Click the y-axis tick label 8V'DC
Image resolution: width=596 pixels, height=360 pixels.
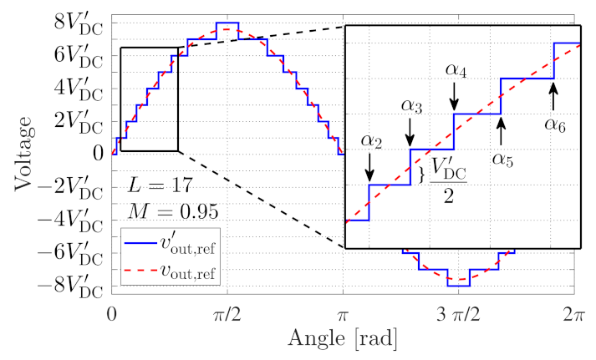pyautogui.click(x=79, y=18)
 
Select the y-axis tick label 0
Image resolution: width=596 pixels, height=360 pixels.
pyautogui.click(x=99, y=152)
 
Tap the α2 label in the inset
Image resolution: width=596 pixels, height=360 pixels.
pyautogui.click(x=370, y=140)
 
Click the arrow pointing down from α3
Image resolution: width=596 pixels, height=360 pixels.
pyautogui.click(x=410, y=132)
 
